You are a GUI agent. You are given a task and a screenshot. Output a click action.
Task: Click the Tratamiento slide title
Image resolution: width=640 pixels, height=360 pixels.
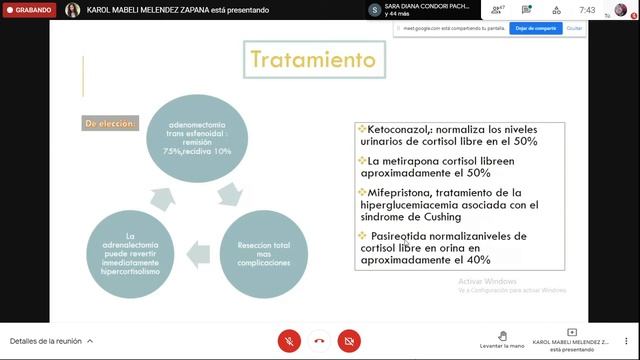[313, 60]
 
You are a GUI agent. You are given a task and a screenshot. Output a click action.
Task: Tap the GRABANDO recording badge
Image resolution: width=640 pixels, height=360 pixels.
[29, 10]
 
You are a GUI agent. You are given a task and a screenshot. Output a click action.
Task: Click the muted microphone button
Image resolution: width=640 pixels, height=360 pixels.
[289, 340]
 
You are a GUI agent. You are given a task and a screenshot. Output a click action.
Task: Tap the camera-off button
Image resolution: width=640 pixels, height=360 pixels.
[349, 340]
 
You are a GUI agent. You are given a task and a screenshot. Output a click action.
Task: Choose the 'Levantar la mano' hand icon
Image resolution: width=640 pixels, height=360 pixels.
[502, 335]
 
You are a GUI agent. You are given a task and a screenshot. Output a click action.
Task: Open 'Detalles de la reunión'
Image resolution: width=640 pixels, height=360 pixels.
[51, 340]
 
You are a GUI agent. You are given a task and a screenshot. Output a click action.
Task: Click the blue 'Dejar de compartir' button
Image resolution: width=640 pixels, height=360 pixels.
[536, 28]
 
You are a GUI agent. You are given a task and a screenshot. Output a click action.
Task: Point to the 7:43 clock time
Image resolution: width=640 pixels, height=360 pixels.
[588, 10]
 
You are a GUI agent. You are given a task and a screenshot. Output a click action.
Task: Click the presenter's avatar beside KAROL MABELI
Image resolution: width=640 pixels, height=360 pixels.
[72, 10]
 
